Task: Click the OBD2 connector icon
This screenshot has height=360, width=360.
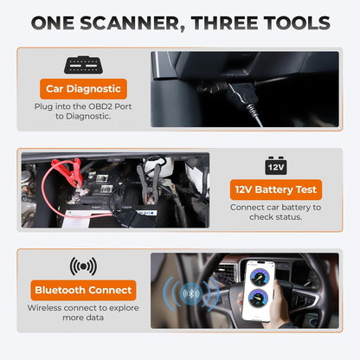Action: [83, 65]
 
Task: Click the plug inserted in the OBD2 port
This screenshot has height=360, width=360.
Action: [241, 93]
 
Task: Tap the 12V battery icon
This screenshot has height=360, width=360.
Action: [276, 165]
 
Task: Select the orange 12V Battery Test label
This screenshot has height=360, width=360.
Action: [276, 190]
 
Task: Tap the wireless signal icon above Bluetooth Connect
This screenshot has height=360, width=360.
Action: [83, 267]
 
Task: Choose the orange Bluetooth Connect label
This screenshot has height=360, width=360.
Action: [83, 290]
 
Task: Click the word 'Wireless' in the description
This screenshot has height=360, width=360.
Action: [45, 308]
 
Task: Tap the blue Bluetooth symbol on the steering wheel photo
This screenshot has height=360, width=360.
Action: [191, 294]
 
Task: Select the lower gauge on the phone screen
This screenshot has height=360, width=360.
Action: [258, 299]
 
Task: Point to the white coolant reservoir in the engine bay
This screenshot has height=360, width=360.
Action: [159, 166]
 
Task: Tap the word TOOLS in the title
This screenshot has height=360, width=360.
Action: [297, 22]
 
